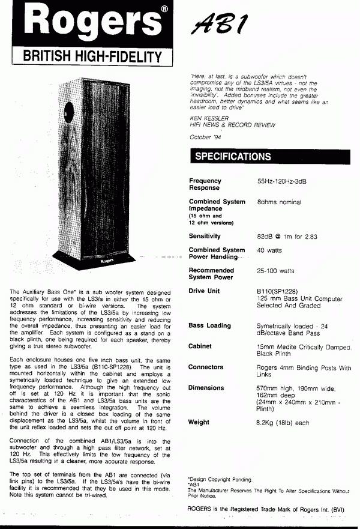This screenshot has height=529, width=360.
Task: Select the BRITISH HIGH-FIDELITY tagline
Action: [x=92, y=57]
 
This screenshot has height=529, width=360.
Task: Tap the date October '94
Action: [x=205, y=136]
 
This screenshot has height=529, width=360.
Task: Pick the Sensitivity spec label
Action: [x=205, y=236]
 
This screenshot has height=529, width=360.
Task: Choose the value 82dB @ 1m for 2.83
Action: [x=287, y=236]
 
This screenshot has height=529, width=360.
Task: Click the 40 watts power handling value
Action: [x=269, y=250]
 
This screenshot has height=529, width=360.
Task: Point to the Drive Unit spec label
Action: [x=205, y=291]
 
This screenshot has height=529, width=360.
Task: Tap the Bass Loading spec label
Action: [x=209, y=326]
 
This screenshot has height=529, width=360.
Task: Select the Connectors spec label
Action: [x=206, y=367]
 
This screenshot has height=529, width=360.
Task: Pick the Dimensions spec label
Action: [x=206, y=388]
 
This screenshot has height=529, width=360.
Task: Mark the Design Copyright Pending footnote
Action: [x=220, y=479]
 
